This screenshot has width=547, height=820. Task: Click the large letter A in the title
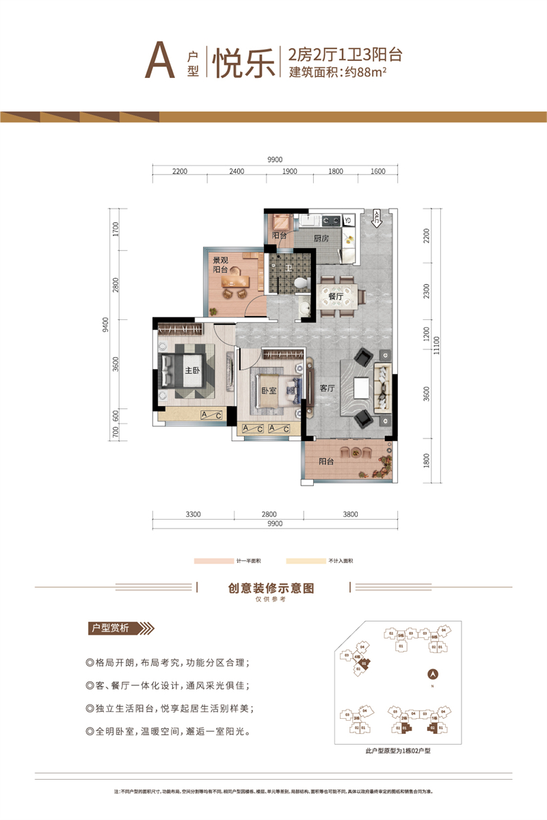pyautogui.click(x=159, y=63)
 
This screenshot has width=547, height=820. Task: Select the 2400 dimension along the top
pyautogui.click(x=237, y=172)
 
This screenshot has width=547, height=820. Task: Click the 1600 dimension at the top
pyautogui.click(x=377, y=172)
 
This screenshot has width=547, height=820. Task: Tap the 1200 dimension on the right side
pyautogui.click(x=426, y=335)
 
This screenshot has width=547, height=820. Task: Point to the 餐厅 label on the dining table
pyautogui.click(x=334, y=297)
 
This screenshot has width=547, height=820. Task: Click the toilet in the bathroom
pyautogui.click(x=300, y=282)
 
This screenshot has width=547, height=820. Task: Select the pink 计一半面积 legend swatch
pyautogui.click(x=214, y=560)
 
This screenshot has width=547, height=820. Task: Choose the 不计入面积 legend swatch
pyautogui.click(x=306, y=560)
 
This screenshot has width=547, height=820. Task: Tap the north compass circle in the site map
pyautogui.click(x=431, y=673)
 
